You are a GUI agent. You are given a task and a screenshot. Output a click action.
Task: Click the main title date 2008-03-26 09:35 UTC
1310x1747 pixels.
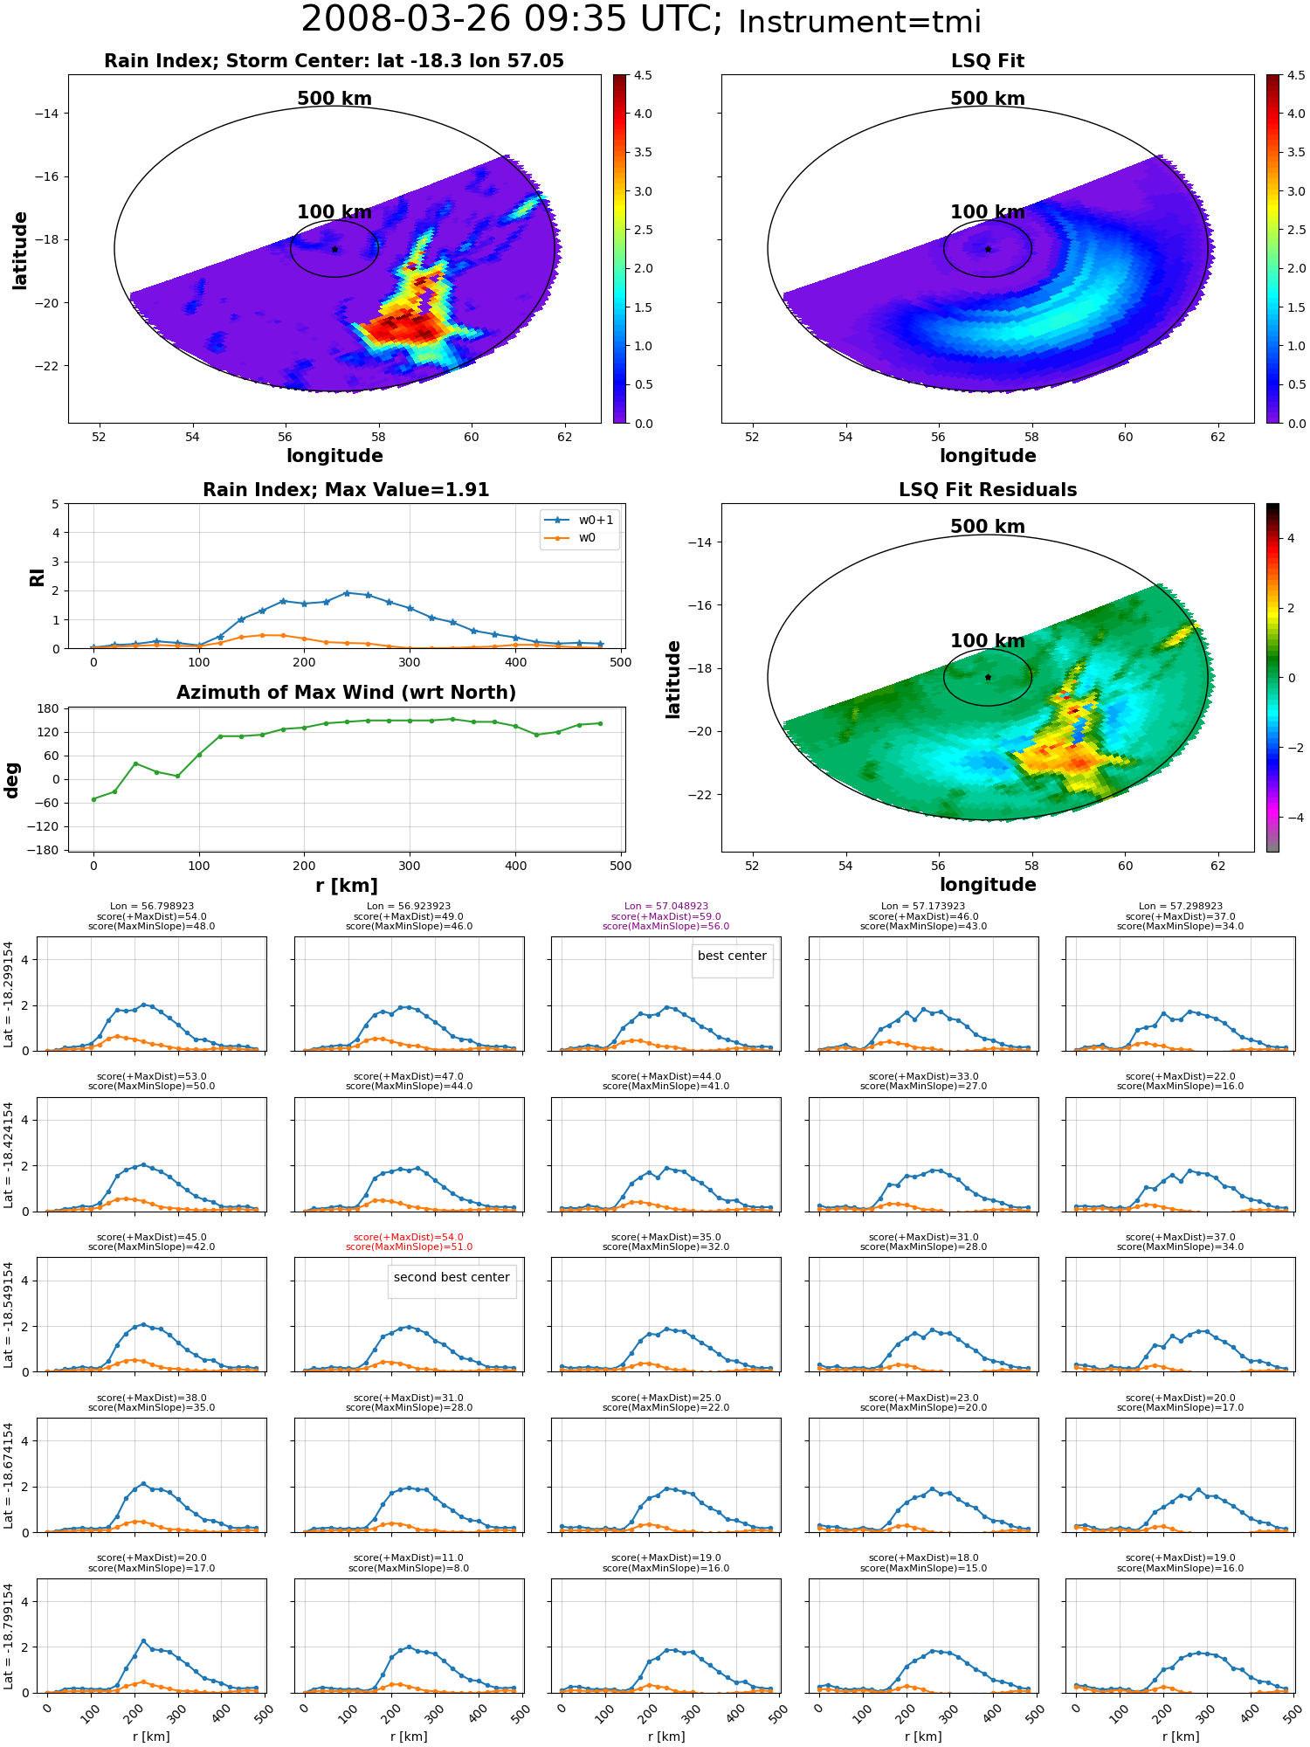[512, 20]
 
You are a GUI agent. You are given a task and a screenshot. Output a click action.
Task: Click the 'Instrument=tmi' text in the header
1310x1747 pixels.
[859, 23]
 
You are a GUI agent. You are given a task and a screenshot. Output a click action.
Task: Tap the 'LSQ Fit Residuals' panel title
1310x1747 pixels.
[988, 490]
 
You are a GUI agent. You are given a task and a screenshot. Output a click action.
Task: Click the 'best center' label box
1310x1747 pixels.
[732, 956]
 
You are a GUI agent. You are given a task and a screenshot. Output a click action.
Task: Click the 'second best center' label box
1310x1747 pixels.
[452, 1278]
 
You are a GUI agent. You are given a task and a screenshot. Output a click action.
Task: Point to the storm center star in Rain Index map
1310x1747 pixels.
[334, 249]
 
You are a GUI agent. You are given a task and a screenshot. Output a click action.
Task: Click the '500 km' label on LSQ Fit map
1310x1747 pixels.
[988, 99]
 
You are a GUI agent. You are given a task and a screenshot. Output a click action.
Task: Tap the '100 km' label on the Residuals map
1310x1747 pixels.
[988, 641]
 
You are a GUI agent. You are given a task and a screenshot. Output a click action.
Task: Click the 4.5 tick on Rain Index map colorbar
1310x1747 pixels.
[643, 76]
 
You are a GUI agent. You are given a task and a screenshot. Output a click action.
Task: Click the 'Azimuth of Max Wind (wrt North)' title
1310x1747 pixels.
[346, 693]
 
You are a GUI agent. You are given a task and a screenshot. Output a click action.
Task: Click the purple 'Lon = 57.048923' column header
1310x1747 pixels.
[666, 907]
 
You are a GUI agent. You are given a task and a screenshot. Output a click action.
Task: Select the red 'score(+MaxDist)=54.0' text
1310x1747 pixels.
[409, 1237]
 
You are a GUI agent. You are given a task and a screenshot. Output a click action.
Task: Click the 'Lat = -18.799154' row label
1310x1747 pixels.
[9, 1635]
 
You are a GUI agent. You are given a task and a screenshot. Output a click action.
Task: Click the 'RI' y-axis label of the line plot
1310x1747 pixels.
[37, 577]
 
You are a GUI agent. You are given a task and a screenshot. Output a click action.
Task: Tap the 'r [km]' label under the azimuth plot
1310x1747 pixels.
[346, 886]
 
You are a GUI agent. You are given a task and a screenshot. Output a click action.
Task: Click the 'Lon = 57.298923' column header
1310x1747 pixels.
[1181, 907]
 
